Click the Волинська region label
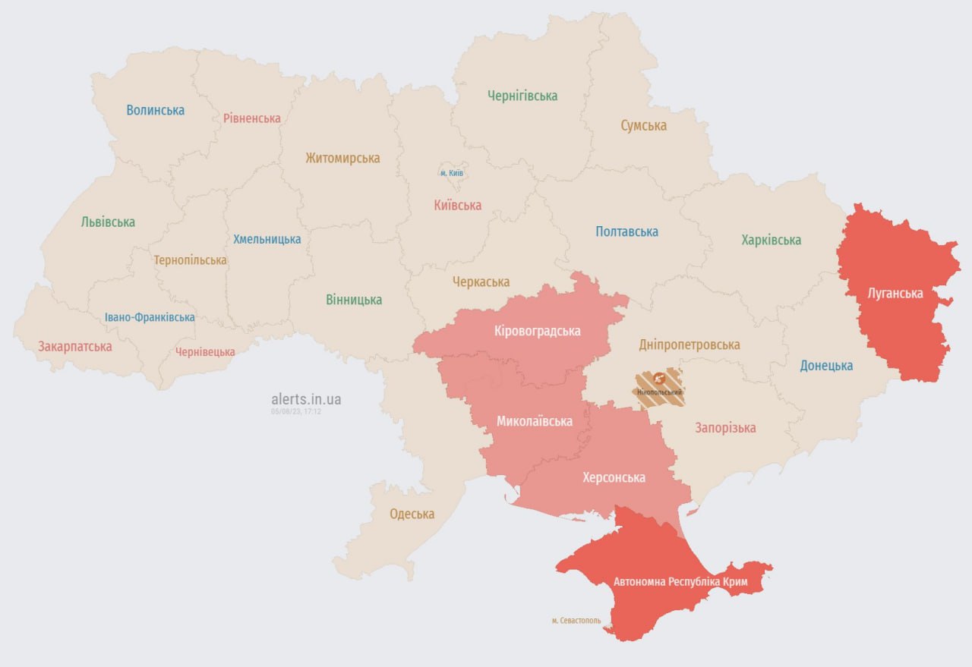tap(155, 110)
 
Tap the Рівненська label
tap(251, 118)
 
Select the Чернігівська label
tap(522, 96)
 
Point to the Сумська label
tap(643, 125)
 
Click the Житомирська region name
tap(342, 159)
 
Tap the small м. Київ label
tap(453, 173)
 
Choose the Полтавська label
tap(626, 231)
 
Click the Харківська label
tap(771, 240)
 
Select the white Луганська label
tap(895, 293)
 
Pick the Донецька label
tap(826, 366)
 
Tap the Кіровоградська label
tap(537, 331)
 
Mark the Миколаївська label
tap(534, 421)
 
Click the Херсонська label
tap(614, 477)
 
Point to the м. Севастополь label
tap(576, 621)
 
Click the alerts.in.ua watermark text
tap(306, 399)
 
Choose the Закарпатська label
tap(75, 347)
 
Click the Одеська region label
tap(412, 514)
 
